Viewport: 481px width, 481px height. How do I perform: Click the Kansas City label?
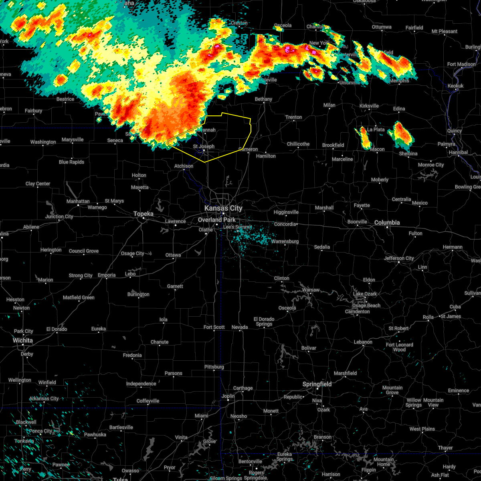tap(223, 208)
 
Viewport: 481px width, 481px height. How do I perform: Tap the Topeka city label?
tap(143, 214)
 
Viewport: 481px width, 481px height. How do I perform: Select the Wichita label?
tap(22, 340)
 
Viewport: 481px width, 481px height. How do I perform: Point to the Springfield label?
tap(317, 384)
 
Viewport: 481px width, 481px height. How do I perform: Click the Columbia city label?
tap(387, 222)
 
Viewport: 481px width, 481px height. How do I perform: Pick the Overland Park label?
tap(217, 220)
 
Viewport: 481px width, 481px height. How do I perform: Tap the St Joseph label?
tap(204, 146)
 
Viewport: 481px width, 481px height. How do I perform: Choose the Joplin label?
tap(228, 396)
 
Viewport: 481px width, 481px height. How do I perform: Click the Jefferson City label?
tap(399, 258)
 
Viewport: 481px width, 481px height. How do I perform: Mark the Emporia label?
tap(107, 275)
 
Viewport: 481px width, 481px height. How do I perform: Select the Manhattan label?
tap(78, 201)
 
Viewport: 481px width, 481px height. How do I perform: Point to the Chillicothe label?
tap(298, 144)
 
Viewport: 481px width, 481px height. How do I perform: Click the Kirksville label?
tap(369, 106)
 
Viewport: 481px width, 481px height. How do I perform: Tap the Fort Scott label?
tap(214, 327)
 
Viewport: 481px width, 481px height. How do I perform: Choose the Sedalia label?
tap(322, 247)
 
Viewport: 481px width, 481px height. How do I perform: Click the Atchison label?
tap(184, 166)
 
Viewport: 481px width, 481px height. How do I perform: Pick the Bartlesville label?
tap(121, 427)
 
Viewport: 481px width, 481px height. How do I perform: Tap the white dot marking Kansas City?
tap(224, 214)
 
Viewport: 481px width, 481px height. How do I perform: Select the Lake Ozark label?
tap(365, 294)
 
